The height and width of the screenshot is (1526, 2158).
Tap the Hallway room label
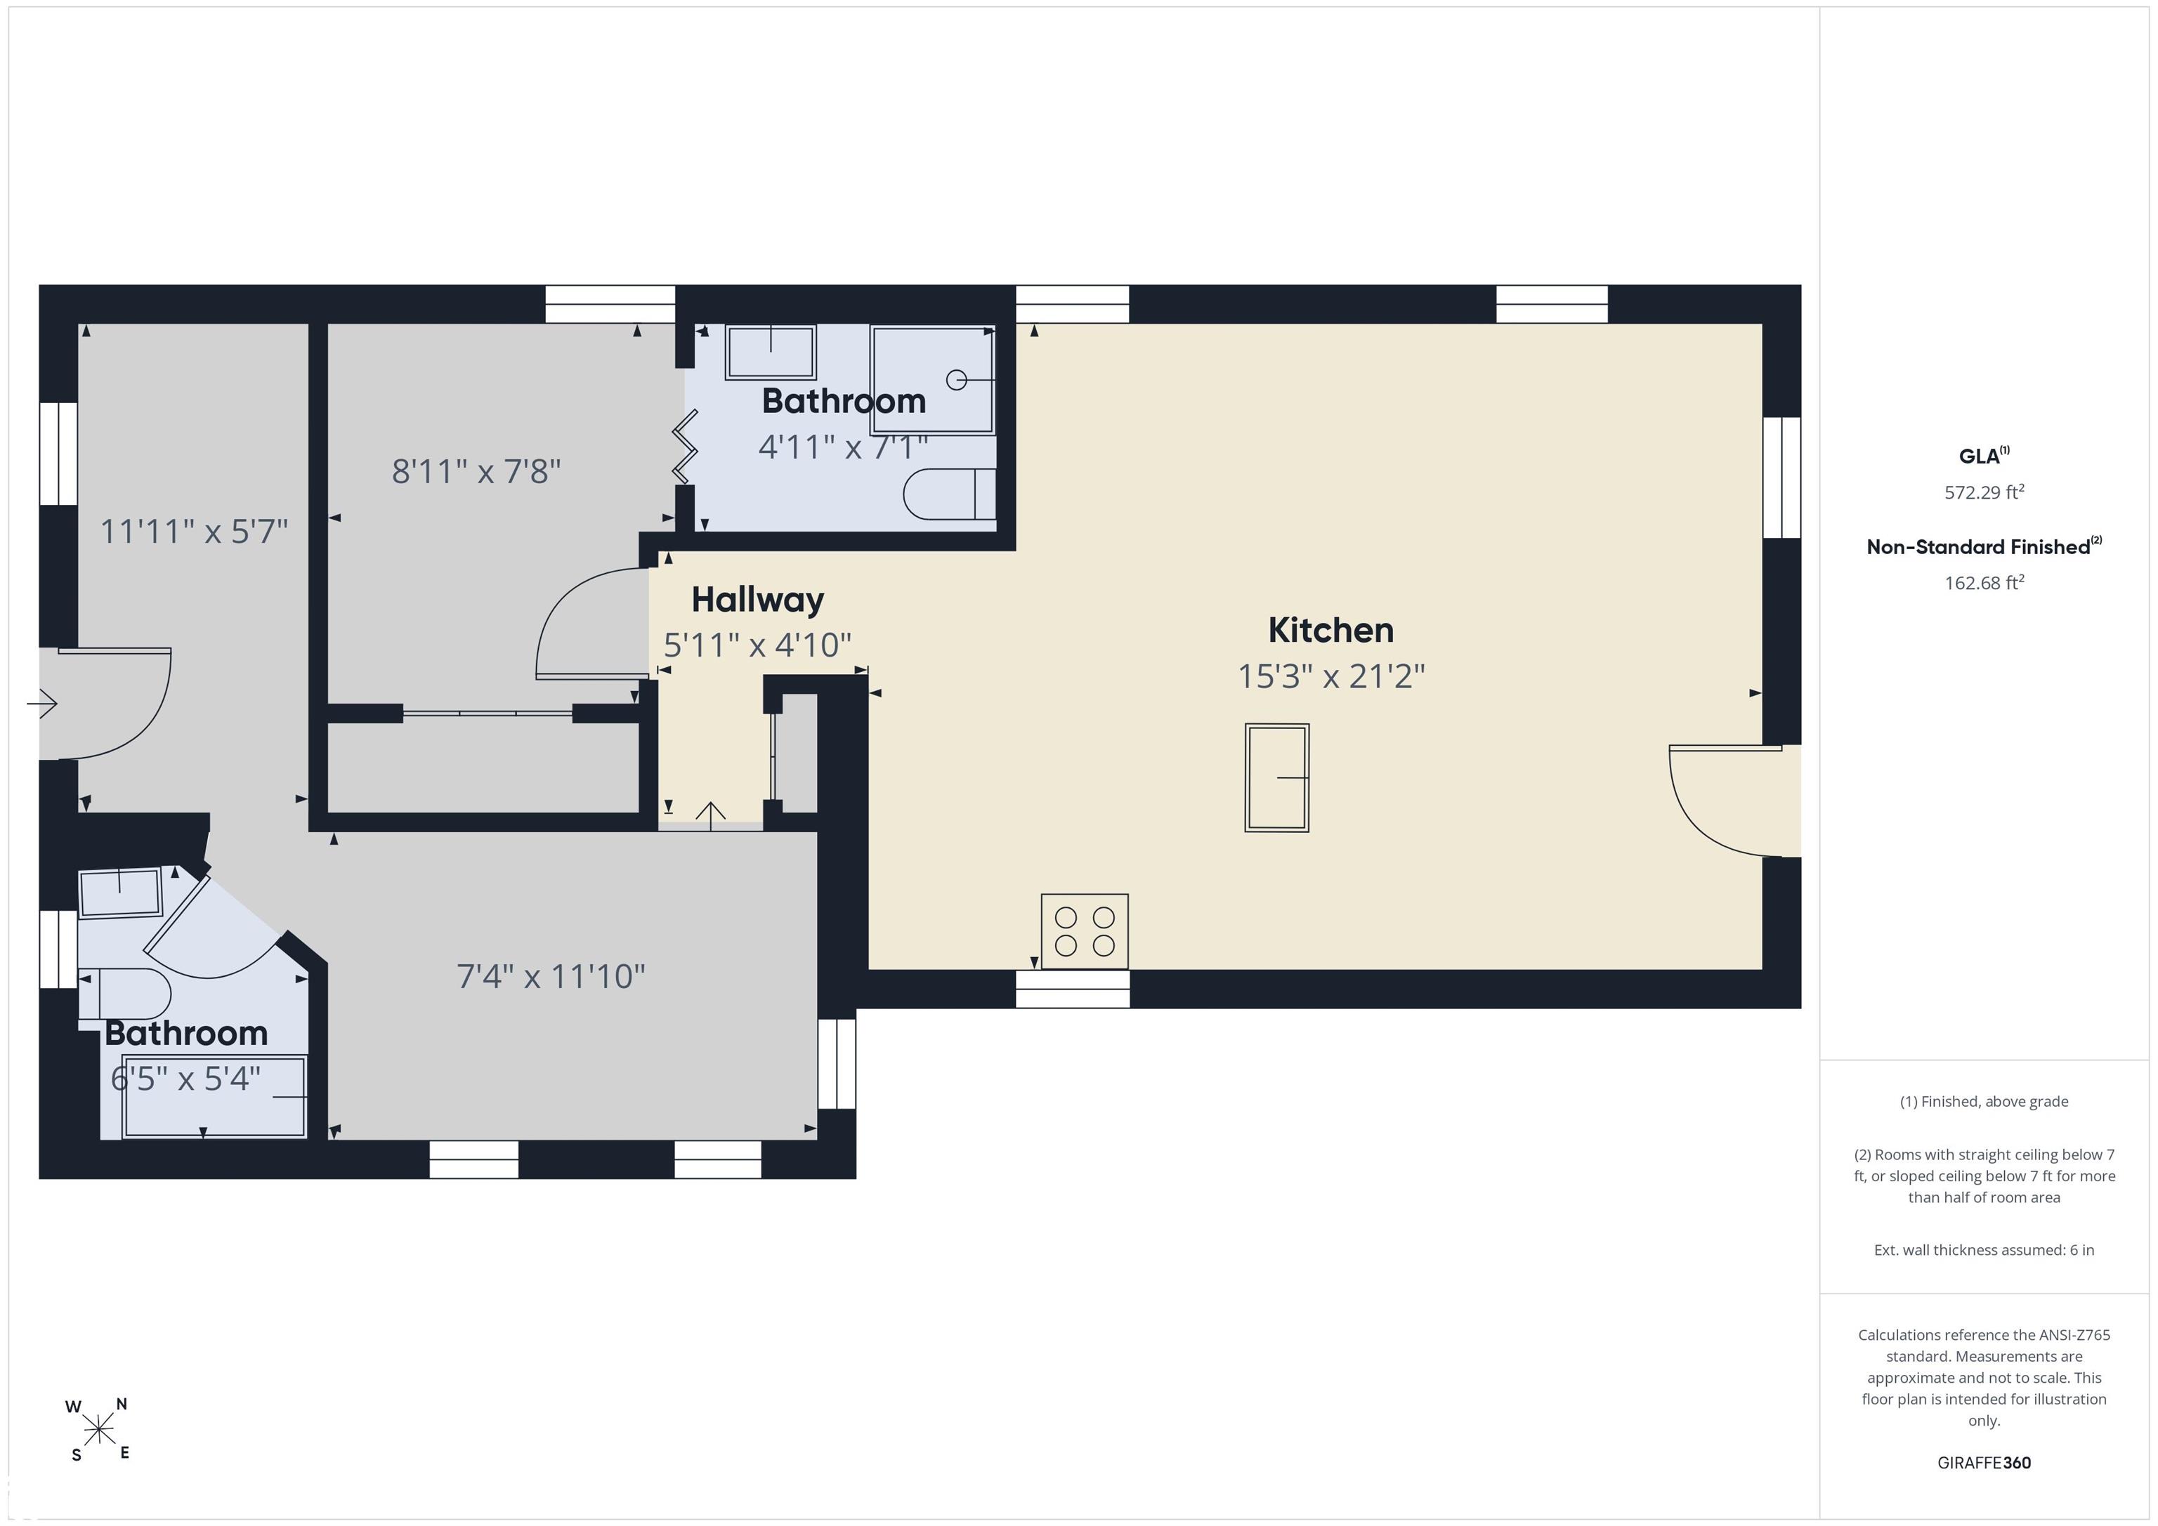(757, 600)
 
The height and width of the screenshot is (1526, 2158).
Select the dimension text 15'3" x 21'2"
(1331, 676)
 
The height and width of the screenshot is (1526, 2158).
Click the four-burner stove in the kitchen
(1085, 931)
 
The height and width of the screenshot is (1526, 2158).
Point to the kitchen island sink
(1277, 778)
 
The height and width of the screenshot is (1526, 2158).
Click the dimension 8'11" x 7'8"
(476, 471)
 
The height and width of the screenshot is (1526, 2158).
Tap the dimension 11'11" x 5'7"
(194, 532)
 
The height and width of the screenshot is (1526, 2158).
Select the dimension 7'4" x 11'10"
(551, 976)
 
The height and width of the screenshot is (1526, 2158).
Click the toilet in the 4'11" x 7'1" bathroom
(949, 494)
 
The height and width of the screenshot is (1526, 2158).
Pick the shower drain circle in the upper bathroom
(957, 380)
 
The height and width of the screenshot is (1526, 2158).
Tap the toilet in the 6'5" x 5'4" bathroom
(124, 993)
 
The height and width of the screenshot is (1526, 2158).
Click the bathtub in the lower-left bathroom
(214, 1097)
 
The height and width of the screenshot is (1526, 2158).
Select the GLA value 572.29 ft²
(1984, 492)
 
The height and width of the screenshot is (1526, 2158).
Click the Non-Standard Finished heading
(1984, 547)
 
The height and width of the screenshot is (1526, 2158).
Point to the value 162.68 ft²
(1984, 583)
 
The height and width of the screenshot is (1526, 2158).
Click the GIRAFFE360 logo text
(1984, 1462)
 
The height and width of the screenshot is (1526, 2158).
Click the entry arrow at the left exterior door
(42, 703)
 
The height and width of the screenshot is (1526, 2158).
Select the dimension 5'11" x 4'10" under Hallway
(757, 645)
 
